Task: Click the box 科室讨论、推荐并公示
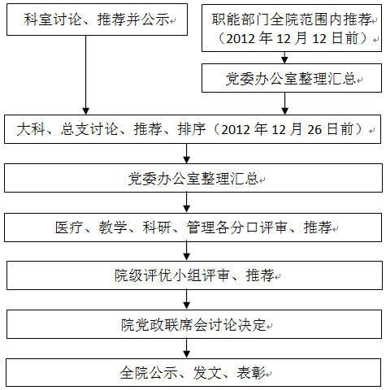[97, 19]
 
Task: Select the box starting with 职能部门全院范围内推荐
[292, 28]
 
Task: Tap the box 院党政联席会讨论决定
[194, 324]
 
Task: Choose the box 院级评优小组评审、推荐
[194, 275]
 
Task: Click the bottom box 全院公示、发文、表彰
[193, 373]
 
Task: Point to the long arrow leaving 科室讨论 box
[86, 75]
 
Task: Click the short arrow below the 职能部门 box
[284, 58]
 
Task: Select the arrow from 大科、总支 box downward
[186, 154]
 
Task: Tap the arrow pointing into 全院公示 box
[186, 349]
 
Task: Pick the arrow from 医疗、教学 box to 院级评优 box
[186, 251]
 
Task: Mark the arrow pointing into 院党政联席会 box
[186, 300]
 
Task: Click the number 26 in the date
[314, 130]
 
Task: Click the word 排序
[192, 129]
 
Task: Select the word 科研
[157, 227]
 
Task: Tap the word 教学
[113, 227]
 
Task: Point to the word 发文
[207, 373]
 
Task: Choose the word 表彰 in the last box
[251, 373]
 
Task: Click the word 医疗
[69, 227]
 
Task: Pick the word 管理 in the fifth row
[201, 227]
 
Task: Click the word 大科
[31, 129]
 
